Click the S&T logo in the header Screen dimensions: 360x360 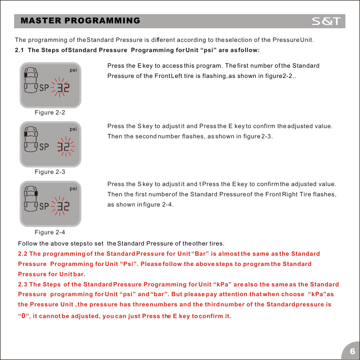pyautogui.click(x=328, y=21)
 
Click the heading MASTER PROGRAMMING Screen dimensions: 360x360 pyautogui.click(x=80, y=21)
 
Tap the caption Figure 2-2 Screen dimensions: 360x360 pyautogui.click(x=50, y=113)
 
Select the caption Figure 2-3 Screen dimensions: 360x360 pyautogui.click(x=50, y=172)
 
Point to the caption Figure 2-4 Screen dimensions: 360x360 pyautogui.click(x=50, y=232)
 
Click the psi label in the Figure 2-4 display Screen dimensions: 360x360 pyautogui.click(x=74, y=189)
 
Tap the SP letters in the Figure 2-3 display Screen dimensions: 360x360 pyautogui.click(x=45, y=148)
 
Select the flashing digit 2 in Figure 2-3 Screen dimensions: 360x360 pyautogui.click(x=66, y=148)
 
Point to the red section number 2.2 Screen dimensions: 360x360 pyautogui.click(x=22, y=254)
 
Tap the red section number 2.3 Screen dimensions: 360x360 pyautogui.click(x=22, y=284)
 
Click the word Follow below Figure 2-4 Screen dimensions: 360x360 pyautogui.click(x=27, y=243)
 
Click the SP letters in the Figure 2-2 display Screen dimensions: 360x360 pyautogui.click(x=45, y=88)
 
